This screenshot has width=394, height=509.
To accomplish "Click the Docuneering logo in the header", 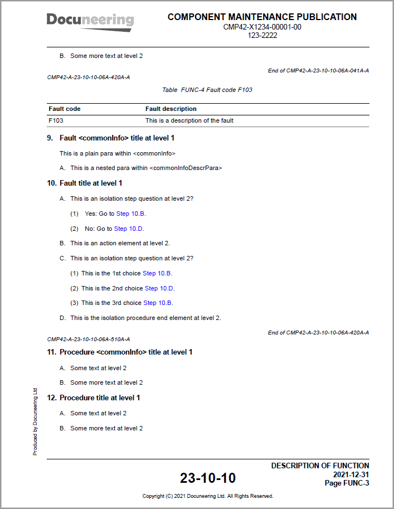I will [90, 21].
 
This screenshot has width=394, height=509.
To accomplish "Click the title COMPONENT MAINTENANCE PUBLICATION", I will [262, 17].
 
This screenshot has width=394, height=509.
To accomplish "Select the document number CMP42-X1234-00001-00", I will [262, 27].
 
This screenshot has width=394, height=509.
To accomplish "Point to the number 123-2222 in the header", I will [262, 35].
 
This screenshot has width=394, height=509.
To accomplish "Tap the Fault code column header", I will [65, 109].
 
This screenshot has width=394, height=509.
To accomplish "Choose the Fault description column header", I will [171, 109].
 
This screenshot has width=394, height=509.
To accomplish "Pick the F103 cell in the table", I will [56, 120].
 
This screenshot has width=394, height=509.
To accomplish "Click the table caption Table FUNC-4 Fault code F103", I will [207, 90].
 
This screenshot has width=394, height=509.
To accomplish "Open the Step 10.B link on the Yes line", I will [131, 214].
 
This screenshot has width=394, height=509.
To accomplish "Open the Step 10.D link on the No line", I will [129, 229].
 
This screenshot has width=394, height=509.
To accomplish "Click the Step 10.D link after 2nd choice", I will [159, 288].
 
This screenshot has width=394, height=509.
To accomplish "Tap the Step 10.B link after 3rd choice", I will [158, 303].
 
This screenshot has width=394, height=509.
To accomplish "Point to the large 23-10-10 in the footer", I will [207, 478].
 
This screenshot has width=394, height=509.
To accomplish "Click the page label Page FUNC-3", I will [347, 483].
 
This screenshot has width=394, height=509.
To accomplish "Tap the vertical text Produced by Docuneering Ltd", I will [35, 422].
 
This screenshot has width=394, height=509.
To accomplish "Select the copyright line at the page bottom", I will [207, 496].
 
